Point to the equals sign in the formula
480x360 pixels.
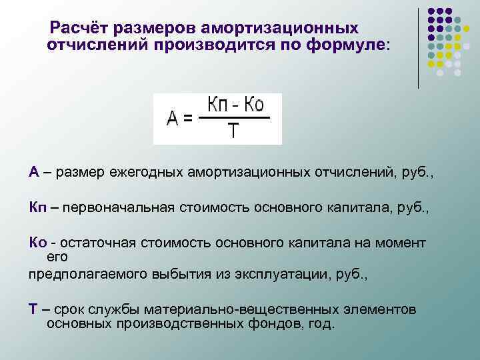pyautogui.click(x=189, y=119)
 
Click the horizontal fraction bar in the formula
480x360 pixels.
pyautogui.click(x=234, y=119)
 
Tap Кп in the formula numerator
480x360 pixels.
pyautogui.click(x=219, y=105)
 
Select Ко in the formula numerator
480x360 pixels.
pyautogui.click(x=254, y=105)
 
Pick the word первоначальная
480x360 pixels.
pyautogui.click(x=122, y=207)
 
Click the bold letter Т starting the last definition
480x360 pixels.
pyautogui.click(x=32, y=309)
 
